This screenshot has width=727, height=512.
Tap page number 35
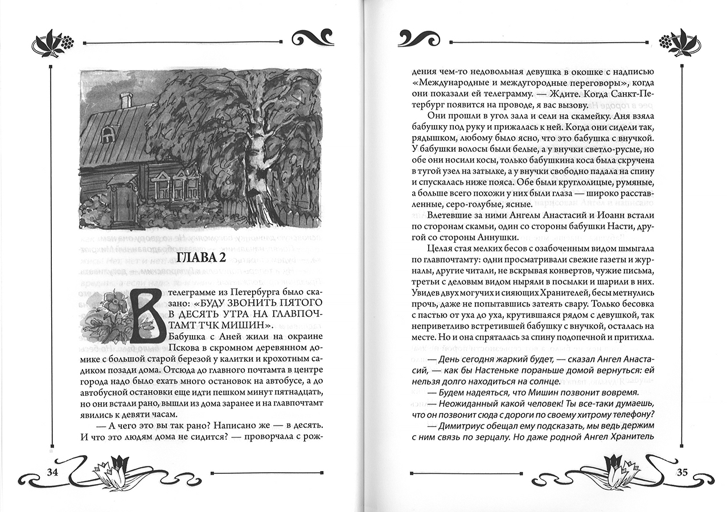[683, 472]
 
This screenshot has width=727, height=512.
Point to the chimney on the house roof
[126, 101]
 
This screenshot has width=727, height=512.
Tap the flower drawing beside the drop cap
[108, 313]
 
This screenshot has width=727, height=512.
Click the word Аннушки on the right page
[498, 237]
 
